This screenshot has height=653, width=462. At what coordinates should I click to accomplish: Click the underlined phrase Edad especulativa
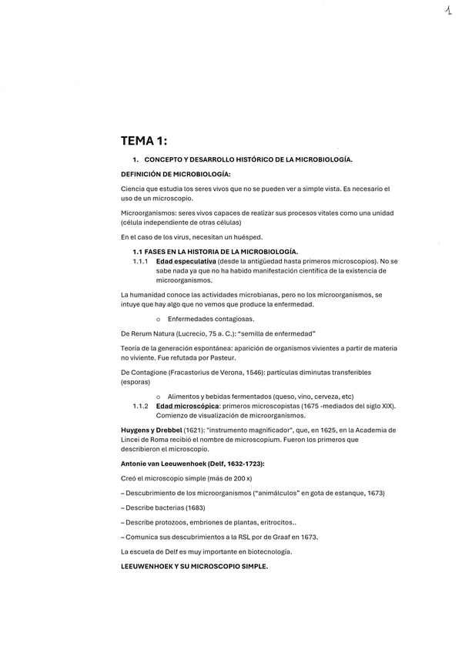click(186, 261)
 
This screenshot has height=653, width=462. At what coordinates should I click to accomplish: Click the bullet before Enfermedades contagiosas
click(158, 319)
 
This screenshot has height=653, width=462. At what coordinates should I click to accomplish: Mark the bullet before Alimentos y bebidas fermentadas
click(158, 396)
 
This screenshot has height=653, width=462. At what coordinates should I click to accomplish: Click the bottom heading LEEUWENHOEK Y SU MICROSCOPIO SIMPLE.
click(194, 567)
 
